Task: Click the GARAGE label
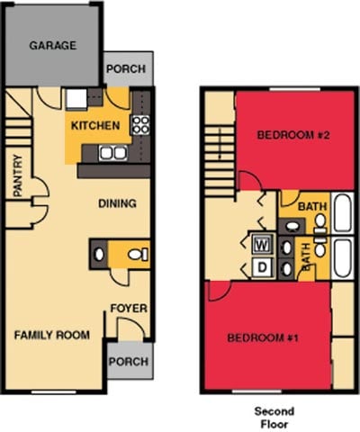coord(52,45)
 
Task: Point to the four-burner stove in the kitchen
coord(140,126)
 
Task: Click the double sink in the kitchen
coord(112,153)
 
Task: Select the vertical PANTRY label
coord(18,178)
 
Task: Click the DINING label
coord(117,203)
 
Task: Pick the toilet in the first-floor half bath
coord(136,255)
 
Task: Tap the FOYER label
coord(129,309)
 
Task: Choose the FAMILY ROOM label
coord(52,335)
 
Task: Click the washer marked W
coord(264,243)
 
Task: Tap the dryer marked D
coord(264,266)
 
